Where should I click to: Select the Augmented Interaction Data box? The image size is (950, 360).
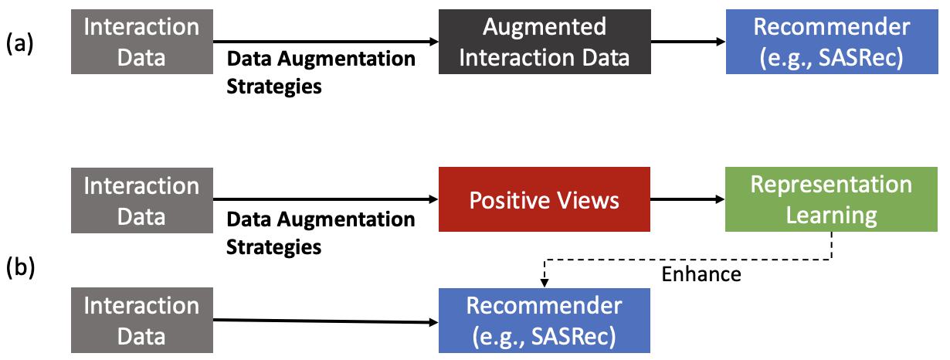point(545,42)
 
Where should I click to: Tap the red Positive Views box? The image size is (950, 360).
point(545,201)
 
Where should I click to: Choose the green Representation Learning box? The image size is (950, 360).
point(831,201)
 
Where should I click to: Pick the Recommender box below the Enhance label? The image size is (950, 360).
point(545,321)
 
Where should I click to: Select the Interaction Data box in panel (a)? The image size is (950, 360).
point(141,42)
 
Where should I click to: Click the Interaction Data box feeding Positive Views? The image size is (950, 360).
point(141,201)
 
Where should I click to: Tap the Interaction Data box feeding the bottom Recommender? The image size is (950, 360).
point(141,321)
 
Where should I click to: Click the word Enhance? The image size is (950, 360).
point(701,274)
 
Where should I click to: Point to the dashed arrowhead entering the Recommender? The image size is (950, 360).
point(545,282)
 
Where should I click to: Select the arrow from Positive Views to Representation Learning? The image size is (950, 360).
point(687,200)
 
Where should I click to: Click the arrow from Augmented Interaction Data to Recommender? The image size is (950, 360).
point(687,42)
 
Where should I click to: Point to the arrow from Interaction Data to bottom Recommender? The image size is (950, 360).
point(324,321)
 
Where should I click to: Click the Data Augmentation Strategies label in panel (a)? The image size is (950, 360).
point(320,73)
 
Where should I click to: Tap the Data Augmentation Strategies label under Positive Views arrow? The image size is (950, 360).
point(320,233)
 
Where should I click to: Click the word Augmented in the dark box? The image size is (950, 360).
point(545,28)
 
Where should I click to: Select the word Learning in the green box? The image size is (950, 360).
point(831,215)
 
